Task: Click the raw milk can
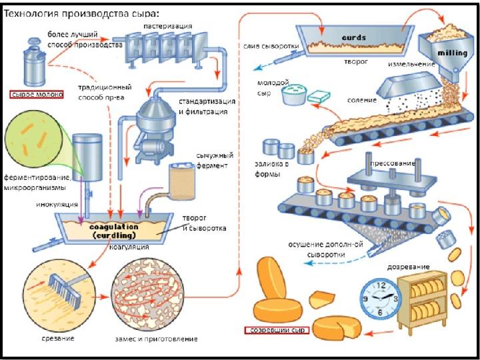[35, 62]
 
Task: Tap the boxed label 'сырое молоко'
[37, 94]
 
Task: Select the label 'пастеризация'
[168, 26]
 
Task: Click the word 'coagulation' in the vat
[114, 227]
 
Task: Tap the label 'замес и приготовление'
[156, 339]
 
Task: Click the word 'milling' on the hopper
[453, 53]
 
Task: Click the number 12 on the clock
[381, 285]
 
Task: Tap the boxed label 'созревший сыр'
[277, 330]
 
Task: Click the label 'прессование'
[393, 163]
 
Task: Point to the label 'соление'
[361, 100]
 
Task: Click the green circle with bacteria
[33, 139]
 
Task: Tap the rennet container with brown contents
[182, 181]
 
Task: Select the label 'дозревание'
[409, 267]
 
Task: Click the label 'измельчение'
[411, 64]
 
